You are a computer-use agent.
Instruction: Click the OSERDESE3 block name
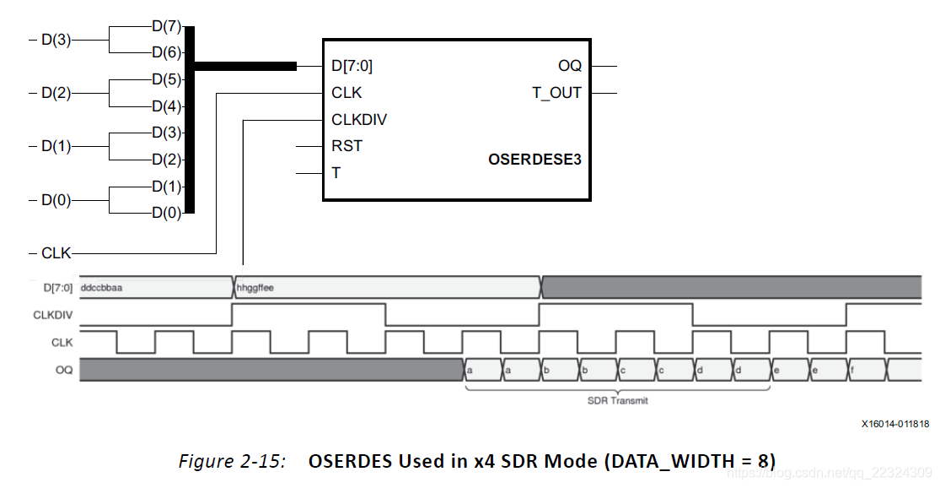coord(534,158)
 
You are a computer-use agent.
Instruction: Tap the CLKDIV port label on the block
coord(359,120)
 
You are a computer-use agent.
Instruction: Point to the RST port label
coord(346,146)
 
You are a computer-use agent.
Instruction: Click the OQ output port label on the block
coord(570,66)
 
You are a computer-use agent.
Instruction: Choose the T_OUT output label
coord(556,93)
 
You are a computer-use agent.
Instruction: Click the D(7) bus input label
coord(167,26)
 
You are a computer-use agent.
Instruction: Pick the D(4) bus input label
coord(167,107)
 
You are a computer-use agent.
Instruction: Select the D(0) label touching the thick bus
coord(167,213)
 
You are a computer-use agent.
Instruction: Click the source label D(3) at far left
coord(56,40)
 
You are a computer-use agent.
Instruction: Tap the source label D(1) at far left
coord(56,146)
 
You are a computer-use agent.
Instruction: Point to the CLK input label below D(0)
coord(56,252)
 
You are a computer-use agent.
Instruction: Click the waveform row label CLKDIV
coord(52,315)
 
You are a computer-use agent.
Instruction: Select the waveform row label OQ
coord(64,369)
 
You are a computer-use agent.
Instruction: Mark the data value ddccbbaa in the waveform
coord(101,288)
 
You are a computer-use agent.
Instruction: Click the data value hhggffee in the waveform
coord(256,288)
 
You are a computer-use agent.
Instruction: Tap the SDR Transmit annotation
coord(618,400)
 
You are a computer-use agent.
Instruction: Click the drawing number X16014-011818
coord(895,424)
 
